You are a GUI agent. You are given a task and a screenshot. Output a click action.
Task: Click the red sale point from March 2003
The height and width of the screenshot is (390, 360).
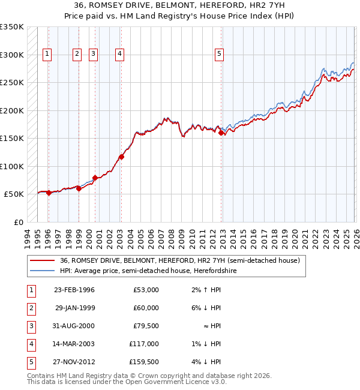click(121, 157)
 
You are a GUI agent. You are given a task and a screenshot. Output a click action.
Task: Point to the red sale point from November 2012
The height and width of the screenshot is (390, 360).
click(221, 133)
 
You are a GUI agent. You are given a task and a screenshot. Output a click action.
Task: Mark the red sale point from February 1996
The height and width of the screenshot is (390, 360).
click(49, 193)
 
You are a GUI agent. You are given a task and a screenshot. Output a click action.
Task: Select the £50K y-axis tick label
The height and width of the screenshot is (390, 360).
click(14, 194)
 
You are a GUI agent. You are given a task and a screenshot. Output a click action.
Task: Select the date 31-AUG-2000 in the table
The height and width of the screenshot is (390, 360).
click(74, 326)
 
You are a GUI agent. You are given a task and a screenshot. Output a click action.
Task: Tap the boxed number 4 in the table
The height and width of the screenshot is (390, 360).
click(31, 344)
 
